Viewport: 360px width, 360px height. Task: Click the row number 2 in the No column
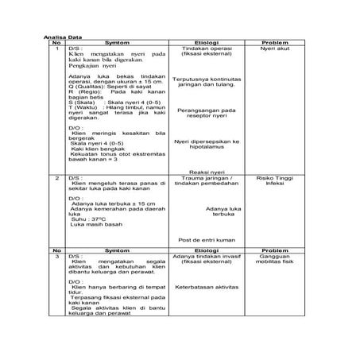pos(57,179)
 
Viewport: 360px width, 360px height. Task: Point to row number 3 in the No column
pos(57,257)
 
